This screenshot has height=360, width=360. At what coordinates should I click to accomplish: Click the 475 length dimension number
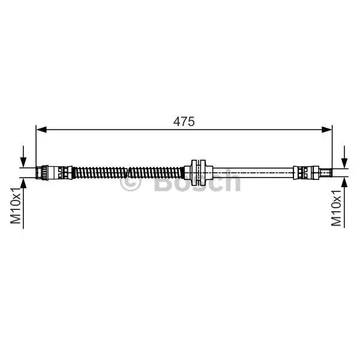click(x=184, y=121)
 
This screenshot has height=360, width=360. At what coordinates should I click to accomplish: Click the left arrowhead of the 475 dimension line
click(x=41, y=130)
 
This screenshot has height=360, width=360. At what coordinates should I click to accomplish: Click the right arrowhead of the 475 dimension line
click(x=326, y=130)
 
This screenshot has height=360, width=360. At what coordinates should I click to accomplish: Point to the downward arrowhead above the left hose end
click(x=23, y=162)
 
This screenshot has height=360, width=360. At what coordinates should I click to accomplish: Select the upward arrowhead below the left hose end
click(x=23, y=183)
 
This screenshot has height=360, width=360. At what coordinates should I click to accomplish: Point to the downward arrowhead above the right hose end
click(x=344, y=163)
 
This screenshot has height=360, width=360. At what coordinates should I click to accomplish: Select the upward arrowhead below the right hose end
click(x=344, y=182)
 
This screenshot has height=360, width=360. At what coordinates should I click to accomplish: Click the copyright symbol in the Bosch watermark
click(x=130, y=181)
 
